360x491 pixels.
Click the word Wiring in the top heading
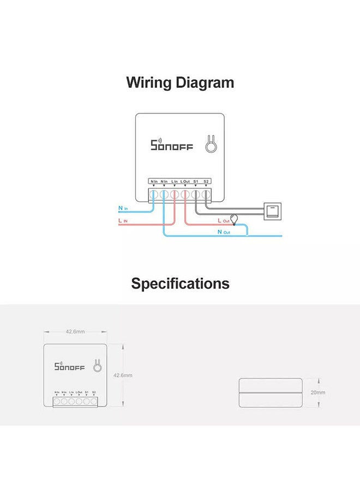(149, 83)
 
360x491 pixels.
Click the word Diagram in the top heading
(205, 83)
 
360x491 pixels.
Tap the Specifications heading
(180, 284)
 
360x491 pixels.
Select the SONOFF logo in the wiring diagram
(171, 145)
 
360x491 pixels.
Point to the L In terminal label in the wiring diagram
(175, 181)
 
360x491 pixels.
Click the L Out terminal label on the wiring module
(185, 181)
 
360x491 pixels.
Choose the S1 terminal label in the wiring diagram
(196, 181)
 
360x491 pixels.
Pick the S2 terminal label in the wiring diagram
(206, 181)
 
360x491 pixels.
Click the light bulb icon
(235, 219)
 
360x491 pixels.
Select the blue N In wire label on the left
(123, 208)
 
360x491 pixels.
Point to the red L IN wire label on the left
(123, 220)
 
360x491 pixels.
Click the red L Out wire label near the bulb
(223, 220)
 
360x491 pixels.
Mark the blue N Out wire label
(223, 232)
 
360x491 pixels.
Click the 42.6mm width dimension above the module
(75, 332)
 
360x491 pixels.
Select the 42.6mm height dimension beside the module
(123, 375)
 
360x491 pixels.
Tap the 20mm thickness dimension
(318, 392)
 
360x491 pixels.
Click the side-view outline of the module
(271, 392)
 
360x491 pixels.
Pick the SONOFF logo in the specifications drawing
(69, 367)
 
